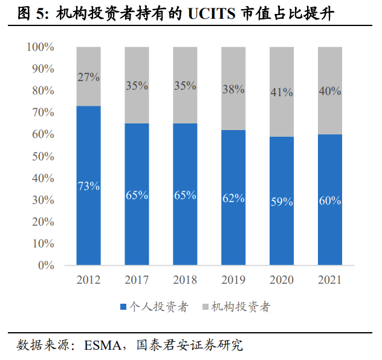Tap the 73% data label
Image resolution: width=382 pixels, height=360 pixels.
point(88,186)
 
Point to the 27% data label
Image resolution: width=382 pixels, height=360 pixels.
point(88,77)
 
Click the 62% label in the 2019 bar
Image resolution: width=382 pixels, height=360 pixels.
point(233,198)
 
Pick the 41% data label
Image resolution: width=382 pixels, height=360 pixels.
point(282,93)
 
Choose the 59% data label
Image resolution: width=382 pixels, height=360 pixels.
point(282,201)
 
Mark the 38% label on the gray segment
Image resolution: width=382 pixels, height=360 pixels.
point(233,89)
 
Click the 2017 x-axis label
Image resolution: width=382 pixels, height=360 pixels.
point(137,280)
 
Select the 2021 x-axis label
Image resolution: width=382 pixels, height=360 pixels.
point(330,280)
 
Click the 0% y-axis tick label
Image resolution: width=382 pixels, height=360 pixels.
point(47,265)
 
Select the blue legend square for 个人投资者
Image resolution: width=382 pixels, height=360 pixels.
point(124,307)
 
